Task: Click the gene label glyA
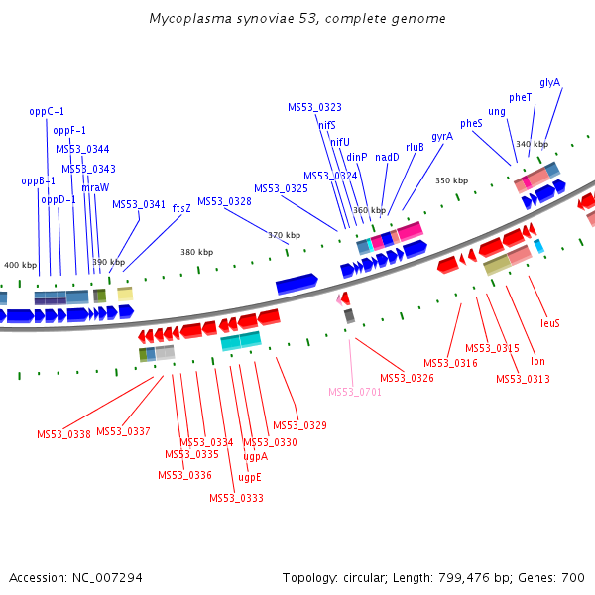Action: click(x=550, y=82)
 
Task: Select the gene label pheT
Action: click(x=521, y=97)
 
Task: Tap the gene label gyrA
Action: click(x=442, y=136)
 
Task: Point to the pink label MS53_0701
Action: click(x=355, y=392)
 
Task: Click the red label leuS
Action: click(x=550, y=323)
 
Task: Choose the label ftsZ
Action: click(x=181, y=208)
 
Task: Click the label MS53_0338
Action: click(x=63, y=434)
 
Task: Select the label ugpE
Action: click(x=250, y=477)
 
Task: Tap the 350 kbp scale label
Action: click(x=451, y=180)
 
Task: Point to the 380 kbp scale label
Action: click(x=196, y=252)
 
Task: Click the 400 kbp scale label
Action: click(x=20, y=265)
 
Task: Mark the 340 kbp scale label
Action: click(x=532, y=144)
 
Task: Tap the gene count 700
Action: click(x=573, y=577)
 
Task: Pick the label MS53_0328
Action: click(x=224, y=201)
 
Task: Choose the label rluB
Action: click(x=415, y=147)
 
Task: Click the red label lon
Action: click(x=538, y=361)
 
